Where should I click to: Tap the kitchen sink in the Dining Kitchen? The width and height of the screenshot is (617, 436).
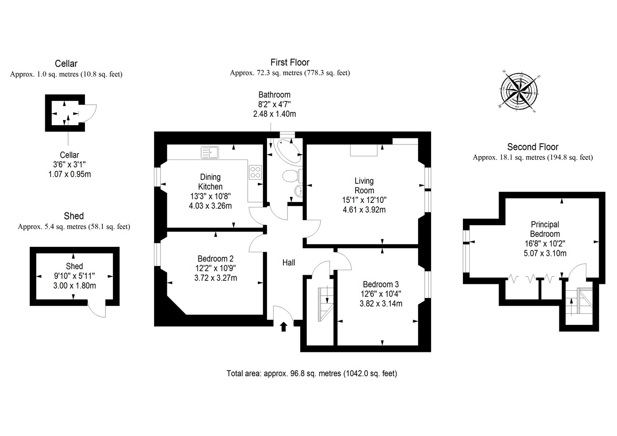(210, 152)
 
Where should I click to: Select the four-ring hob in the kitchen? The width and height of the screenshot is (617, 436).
(255, 172)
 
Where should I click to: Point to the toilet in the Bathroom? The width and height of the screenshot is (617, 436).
(291, 175)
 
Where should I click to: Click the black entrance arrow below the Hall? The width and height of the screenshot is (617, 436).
(283, 326)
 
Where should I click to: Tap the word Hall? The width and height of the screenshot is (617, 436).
(288, 263)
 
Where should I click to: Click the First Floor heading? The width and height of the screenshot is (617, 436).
(290, 63)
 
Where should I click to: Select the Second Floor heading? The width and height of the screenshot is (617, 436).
(532, 147)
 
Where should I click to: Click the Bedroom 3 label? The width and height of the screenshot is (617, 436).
(381, 284)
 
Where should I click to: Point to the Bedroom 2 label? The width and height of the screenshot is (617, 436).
(215, 259)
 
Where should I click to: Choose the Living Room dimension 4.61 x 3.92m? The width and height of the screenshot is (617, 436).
(364, 210)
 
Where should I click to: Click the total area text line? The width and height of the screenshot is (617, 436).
(312, 373)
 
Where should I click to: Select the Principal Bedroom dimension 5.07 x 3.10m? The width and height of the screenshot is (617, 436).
(545, 253)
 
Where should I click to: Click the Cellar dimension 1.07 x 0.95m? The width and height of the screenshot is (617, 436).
(69, 174)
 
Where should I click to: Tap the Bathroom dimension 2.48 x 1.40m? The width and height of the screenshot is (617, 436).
(274, 114)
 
